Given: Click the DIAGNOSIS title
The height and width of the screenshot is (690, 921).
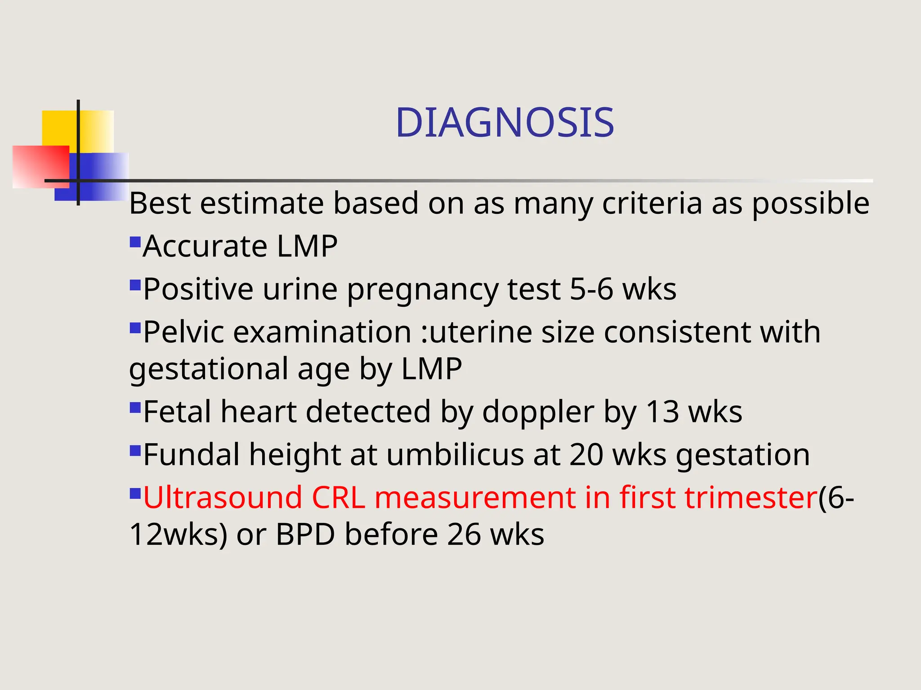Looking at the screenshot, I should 505,123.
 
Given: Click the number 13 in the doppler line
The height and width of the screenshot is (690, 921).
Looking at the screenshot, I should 662,411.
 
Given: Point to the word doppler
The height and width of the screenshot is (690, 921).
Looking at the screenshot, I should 538,412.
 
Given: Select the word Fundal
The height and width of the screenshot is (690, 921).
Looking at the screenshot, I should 191,455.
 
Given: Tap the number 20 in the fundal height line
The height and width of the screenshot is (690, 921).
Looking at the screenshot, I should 586,455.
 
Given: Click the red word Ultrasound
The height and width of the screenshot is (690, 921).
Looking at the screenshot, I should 223,497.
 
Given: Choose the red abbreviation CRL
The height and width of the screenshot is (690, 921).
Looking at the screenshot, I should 338,497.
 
